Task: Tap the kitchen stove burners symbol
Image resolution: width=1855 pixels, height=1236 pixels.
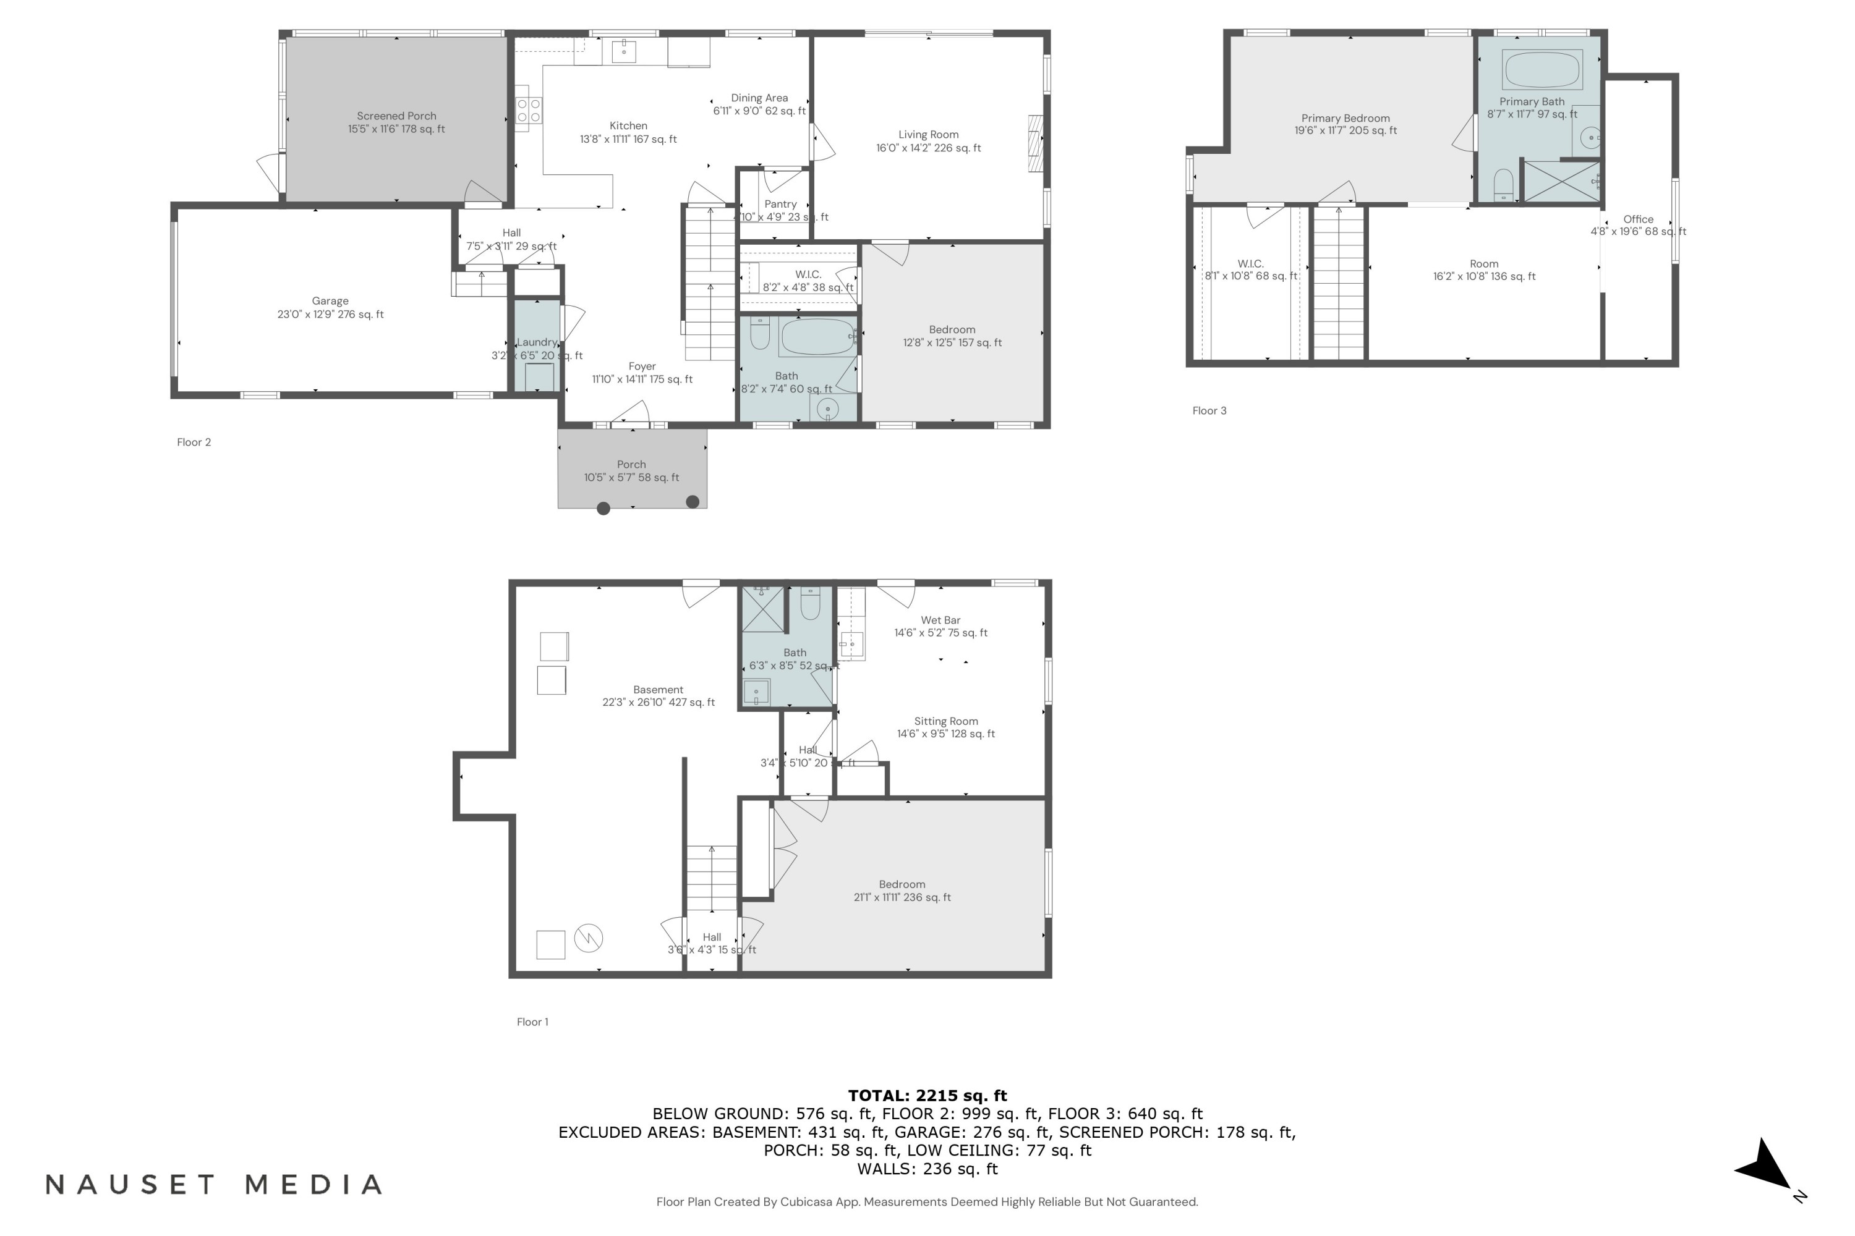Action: pos(529,111)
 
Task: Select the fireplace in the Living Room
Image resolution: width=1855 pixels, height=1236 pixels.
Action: pos(1036,143)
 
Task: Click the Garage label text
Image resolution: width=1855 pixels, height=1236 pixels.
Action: pos(330,301)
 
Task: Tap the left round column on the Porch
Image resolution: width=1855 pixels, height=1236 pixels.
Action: pos(603,509)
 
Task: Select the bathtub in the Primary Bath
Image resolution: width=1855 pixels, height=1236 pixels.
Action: pos(1542,69)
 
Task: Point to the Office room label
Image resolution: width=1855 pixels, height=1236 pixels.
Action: pos(1638,220)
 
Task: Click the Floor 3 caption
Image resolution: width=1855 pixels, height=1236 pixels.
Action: pos(1209,411)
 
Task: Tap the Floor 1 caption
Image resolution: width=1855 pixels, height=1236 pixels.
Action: pos(532,1022)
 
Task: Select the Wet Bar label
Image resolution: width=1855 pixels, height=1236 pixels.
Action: pos(940,620)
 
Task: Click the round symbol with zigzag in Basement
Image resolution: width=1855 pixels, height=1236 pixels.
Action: pos(589,938)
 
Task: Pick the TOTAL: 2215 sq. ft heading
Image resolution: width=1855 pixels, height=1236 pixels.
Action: pos(927,1096)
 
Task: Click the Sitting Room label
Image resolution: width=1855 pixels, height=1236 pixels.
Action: pos(945,721)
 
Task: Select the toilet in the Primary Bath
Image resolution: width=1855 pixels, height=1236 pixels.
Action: pos(1503,185)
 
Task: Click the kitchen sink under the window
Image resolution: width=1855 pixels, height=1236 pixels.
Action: pos(624,51)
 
